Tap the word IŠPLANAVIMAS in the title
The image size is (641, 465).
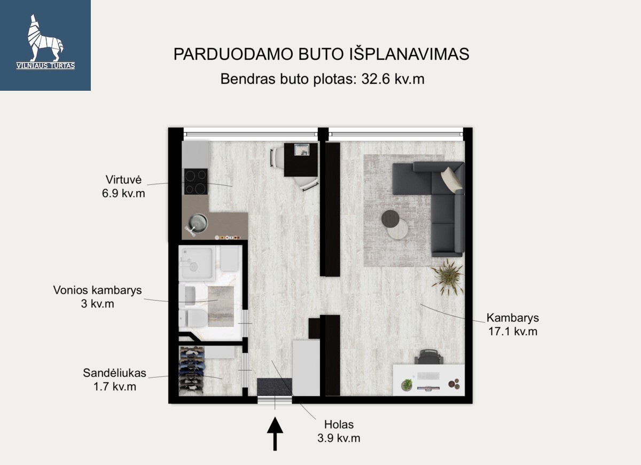409,54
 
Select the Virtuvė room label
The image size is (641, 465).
123,179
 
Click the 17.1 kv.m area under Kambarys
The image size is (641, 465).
512,332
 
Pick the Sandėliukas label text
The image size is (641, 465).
115,373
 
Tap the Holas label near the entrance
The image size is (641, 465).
339,424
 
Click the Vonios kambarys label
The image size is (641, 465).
98,290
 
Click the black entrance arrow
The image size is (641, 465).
275,434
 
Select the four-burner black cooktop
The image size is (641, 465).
196,182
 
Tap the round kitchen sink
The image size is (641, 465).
198,222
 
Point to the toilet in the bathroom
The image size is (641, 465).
192,318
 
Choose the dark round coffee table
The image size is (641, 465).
390,219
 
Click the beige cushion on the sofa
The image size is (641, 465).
451,179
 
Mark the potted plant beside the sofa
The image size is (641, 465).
448,277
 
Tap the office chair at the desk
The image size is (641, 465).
428,357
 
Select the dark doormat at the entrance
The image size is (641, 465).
275,387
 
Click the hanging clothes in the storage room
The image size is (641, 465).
192,371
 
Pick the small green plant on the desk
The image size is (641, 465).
407,384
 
